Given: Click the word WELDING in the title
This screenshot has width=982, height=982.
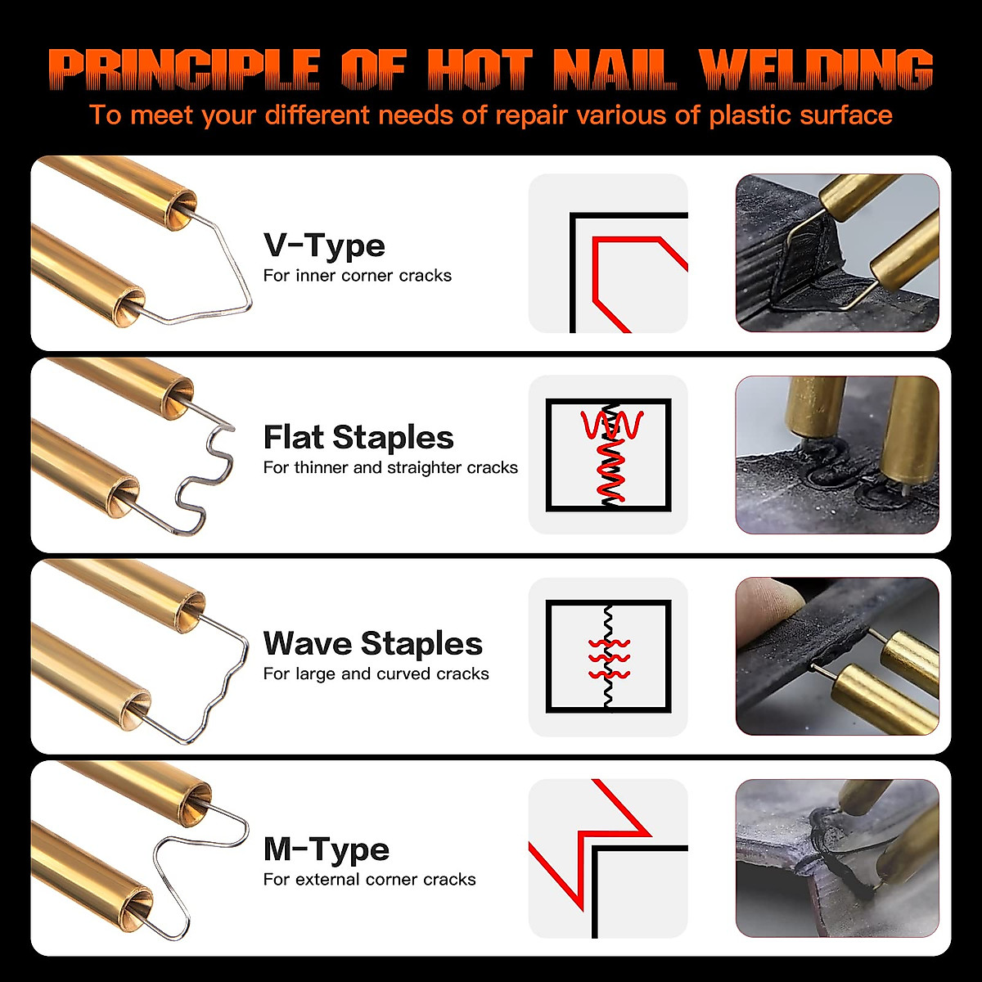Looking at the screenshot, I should click(x=816, y=70).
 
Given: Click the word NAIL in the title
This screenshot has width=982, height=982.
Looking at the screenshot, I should click(x=615, y=70).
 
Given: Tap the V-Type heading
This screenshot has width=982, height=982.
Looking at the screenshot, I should click(x=324, y=245).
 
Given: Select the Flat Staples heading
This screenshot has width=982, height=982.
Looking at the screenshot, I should click(x=358, y=438).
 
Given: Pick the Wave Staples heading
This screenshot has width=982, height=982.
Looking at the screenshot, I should click(x=372, y=644).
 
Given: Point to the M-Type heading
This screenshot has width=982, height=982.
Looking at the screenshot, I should click(x=326, y=849).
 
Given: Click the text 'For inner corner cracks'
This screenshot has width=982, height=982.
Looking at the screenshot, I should click(x=358, y=276).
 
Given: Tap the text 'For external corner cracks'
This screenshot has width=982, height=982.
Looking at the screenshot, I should click(x=369, y=880).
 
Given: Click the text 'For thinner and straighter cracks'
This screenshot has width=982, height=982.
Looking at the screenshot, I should click(x=390, y=468).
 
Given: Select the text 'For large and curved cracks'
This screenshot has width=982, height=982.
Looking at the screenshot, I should click(x=376, y=674).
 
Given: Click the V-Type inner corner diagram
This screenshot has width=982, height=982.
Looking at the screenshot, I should click(x=608, y=254).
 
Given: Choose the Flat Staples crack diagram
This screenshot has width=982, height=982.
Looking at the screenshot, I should click(x=608, y=455).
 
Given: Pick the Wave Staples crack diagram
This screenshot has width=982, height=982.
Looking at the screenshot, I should click(x=608, y=657).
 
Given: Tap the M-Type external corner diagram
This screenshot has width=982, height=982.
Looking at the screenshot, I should click(x=608, y=858).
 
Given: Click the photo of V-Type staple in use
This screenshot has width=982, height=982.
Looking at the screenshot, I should click(x=837, y=253).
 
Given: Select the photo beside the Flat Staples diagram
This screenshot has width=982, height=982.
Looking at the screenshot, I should click(x=837, y=455).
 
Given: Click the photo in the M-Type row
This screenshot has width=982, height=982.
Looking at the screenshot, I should click(x=837, y=858).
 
